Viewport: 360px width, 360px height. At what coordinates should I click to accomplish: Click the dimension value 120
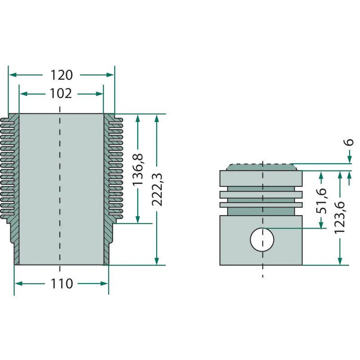tap(62, 75)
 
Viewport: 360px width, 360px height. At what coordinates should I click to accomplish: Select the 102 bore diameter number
tap(61, 94)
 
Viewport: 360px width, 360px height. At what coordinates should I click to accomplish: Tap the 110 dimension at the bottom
tap(62, 283)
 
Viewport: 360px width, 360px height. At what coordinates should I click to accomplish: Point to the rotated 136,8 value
tap(138, 170)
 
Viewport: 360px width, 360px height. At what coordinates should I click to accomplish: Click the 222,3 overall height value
tap(157, 189)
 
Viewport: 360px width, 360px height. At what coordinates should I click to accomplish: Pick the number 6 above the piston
tap(349, 142)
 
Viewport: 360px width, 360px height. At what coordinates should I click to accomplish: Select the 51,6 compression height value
tap(321, 201)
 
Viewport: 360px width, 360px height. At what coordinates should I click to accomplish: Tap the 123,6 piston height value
tap(340, 218)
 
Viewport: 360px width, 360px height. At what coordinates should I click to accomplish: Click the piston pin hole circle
tap(262, 239)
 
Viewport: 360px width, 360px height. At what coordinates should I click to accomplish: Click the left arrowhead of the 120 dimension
tap(13, 75)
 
